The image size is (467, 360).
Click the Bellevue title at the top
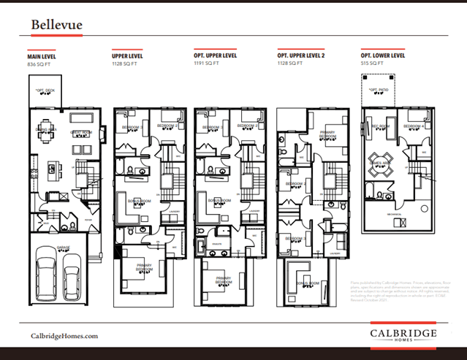coord(56,25)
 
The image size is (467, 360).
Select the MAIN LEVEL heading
coord(43,56)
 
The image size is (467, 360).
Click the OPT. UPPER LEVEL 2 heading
coord(302,56)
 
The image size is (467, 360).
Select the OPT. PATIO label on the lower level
coord(379,91)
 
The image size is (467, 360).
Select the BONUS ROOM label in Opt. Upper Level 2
coord(305,283)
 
